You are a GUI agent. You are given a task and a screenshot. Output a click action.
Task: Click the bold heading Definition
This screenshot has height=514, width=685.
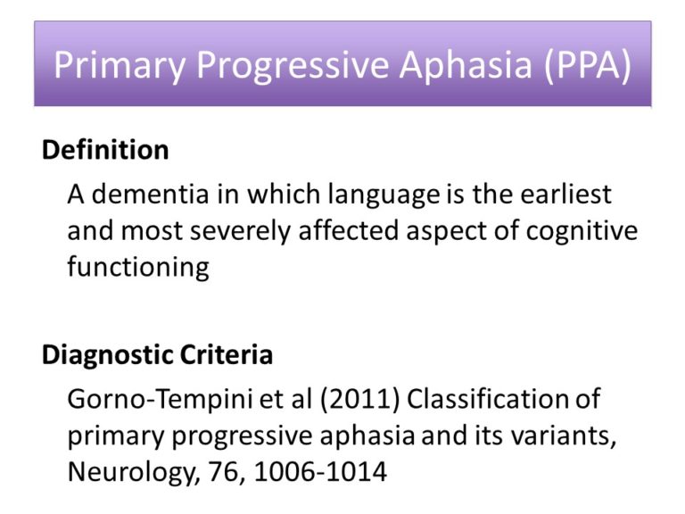(x=105, y=150)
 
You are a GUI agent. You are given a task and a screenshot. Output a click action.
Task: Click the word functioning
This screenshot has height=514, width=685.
(x=137, y=267)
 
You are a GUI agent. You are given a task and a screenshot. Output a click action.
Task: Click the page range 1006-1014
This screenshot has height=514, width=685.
(x=319, y=472)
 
